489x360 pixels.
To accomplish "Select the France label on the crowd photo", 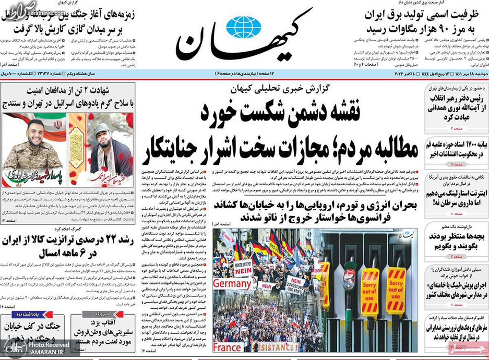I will (x=228, y=347).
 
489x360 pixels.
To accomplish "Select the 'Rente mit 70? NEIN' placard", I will (x=244, y=270).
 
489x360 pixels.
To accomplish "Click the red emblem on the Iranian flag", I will (x=57, y=125).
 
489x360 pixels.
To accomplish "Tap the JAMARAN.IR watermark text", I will (x=44, y=353).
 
